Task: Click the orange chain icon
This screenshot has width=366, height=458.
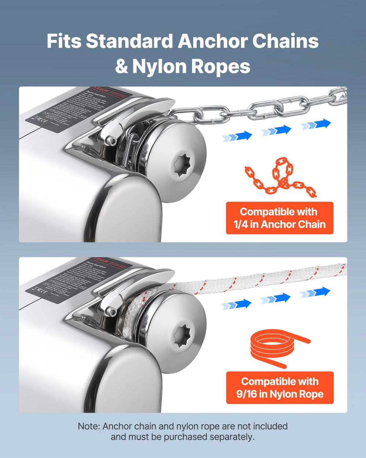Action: (280, 177)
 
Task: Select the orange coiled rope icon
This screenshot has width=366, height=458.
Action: (280, 348)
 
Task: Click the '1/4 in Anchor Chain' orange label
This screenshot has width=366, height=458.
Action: (280, 218)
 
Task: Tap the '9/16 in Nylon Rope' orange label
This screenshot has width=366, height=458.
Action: (280, 388)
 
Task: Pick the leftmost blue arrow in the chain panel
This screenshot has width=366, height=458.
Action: (237, 137)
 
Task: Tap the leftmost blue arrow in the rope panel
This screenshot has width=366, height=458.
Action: (236, 304)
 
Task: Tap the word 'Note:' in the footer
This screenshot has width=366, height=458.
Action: (89, 426)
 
